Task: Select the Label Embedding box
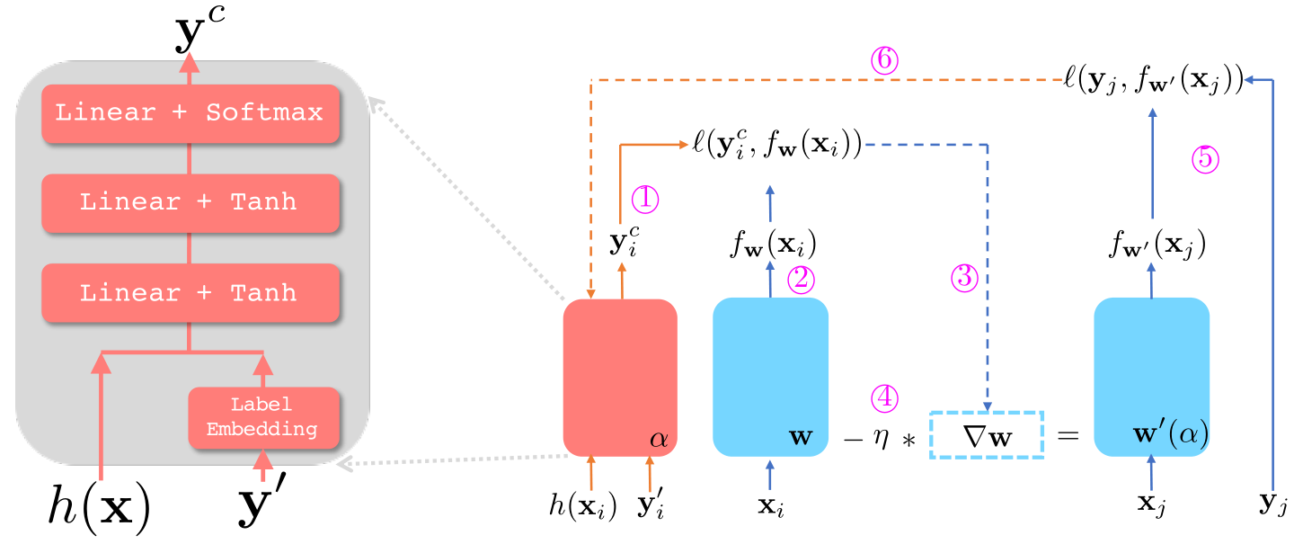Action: click(262, 417)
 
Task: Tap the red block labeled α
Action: click(619, 378)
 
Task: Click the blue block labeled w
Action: click(769, 378)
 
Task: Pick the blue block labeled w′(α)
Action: click(1151, 378)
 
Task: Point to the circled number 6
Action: click(884, 59)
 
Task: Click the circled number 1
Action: click(646, 199)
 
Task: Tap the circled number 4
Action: click(884, 397)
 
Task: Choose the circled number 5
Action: click(1205, 159)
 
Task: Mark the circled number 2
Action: click(801, 281)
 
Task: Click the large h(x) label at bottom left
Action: click(98, 508)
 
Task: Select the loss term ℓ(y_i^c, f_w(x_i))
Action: click(778, 144)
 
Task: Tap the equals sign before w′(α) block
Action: click(1067, 436)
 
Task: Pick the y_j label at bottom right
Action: click(1274, 505)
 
